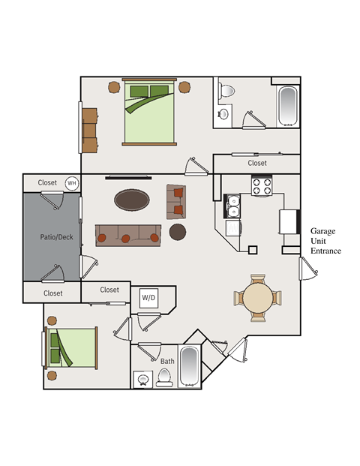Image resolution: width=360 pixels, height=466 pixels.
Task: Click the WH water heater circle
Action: pyautogui.click(x=72, y=183)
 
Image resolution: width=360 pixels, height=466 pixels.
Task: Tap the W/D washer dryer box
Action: pyautogui.click(x=148, y=298)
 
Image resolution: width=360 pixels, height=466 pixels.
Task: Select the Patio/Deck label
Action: pyautogui.click(x=56, y=237)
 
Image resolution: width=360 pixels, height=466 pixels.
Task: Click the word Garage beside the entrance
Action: pyautogui.click(x=322, y=231)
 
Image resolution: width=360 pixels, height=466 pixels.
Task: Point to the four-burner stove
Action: pyautogui.click(x=262, y=186)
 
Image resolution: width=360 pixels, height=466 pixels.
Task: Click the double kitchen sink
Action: pyautogui.click(x=232, y=206)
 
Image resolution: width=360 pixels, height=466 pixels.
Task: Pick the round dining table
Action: pyautogui.click(x=257, y=298)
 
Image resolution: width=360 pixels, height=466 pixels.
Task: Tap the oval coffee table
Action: pyautogui.click(x=132, y=200)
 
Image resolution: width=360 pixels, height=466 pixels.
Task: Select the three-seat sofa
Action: pyautogui.click(x=128, y=236)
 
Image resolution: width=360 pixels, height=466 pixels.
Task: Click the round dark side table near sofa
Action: pyautogui.click(x=178, y=232)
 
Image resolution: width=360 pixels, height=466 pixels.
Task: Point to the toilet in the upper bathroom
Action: pyautogui.click(x=226, y=91)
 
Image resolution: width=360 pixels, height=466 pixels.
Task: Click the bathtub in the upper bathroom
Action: pyautogui.click(x=287, y=106)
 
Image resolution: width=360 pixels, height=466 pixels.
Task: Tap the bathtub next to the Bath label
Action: pyautogui.click(x=190, y=366)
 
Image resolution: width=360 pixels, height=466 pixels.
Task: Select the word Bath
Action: pyautogui.click(x=167, y=362)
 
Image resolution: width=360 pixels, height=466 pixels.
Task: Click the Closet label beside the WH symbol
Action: pyautogui.click(x=47, y=182)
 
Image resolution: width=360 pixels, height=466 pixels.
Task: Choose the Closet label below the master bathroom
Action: pyautogui.click(x=257, y=163)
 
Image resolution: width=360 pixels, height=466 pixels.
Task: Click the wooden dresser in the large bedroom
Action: pyautogui.click(x=90, y=131)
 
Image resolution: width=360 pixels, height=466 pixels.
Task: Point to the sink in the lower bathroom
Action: pyautogui.click(x=143, y=380)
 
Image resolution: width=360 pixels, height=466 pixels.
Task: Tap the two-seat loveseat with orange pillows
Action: pyautogui.click(x=176, y=202)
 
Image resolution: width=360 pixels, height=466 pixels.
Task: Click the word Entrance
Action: pyautogui.click(x=325, y=251)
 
